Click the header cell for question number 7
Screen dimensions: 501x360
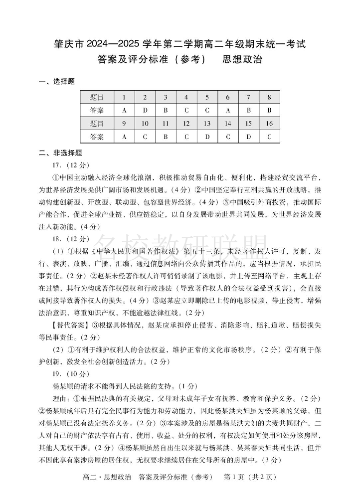point(248,97)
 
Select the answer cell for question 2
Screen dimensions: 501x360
point(145,110)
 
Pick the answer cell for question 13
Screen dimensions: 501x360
point(207,136)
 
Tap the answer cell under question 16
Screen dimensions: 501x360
point(269,136)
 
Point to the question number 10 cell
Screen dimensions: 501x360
point(145,123)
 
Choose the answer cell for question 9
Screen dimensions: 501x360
point(124,136)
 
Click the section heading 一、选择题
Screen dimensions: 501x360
point(57,82)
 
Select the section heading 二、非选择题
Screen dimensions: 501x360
point(60,153)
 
